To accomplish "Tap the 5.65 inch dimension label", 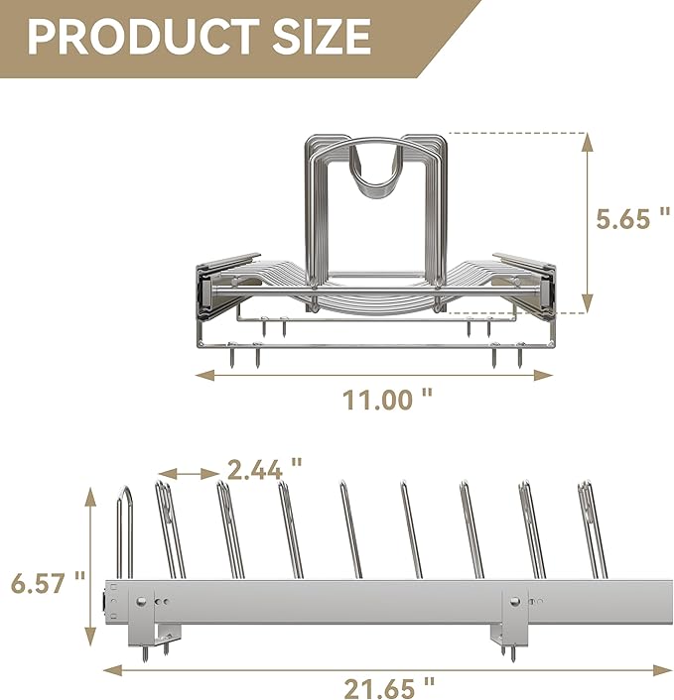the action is click(633, 219).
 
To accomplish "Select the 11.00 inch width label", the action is click(387, 400).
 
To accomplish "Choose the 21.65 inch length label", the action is click(389, 688).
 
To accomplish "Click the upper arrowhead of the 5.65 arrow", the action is click(589, 142).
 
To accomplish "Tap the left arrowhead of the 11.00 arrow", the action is click(205, 375).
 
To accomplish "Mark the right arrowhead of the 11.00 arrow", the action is click(544, 375).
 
